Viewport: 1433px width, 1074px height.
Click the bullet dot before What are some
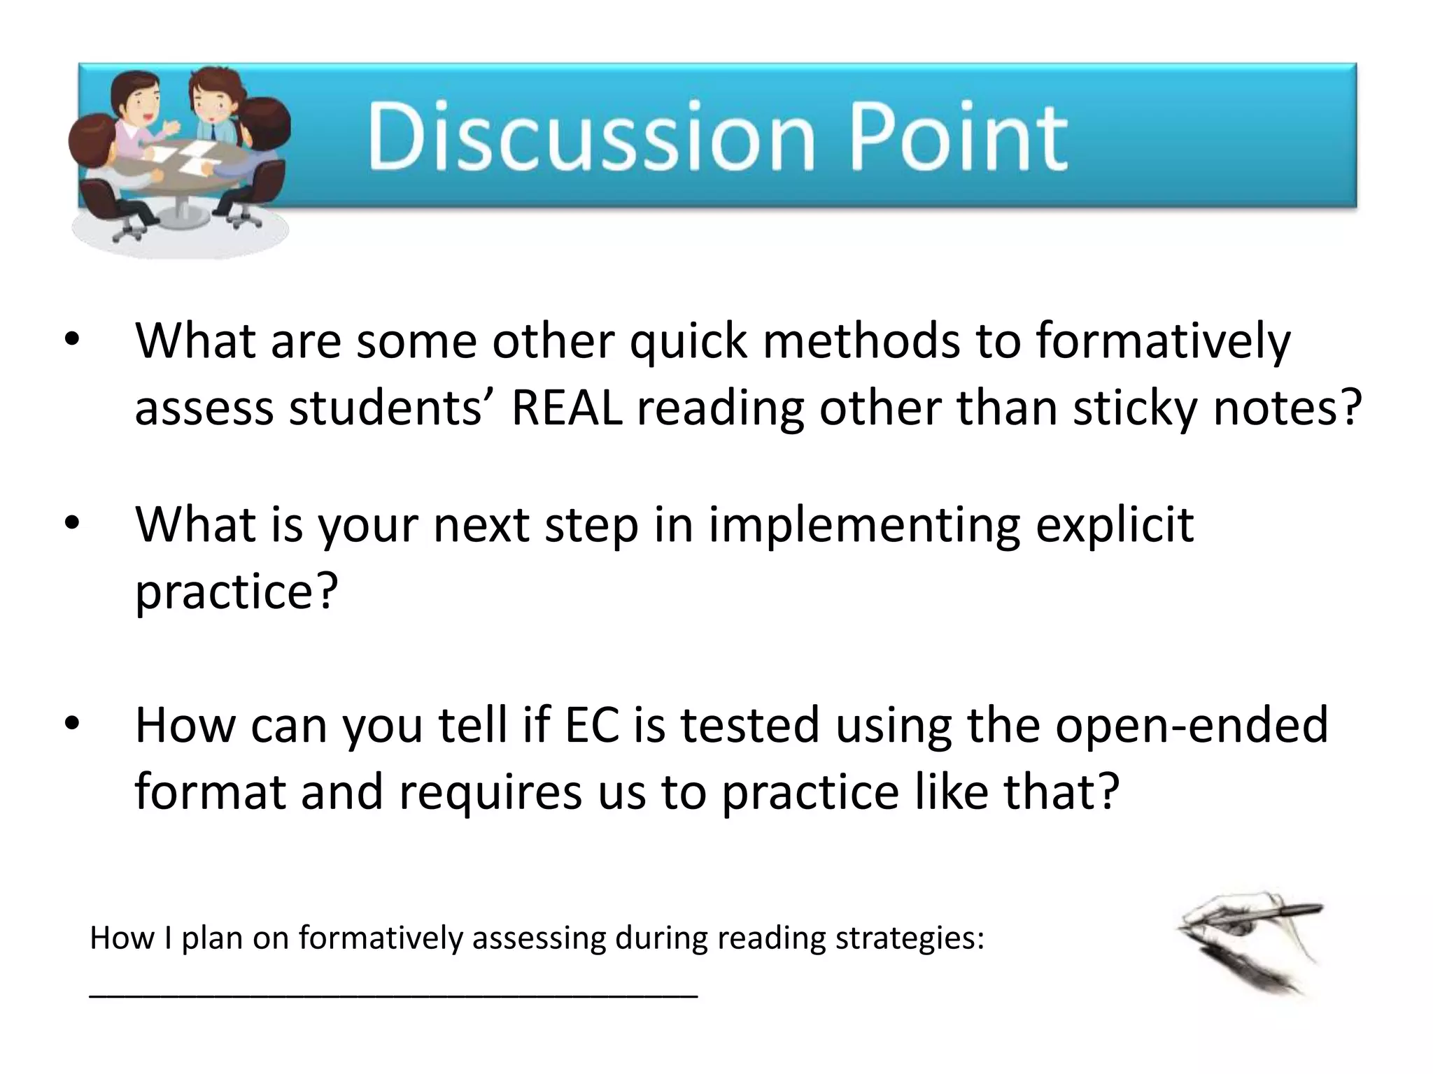click(73, 341)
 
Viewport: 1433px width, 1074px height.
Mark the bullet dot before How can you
click(73, 725)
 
